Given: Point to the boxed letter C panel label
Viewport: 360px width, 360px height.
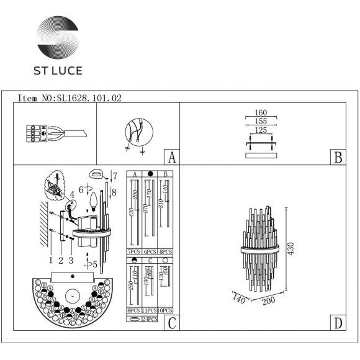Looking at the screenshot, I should [x=171, y=323].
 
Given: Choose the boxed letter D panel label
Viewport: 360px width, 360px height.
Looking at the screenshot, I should [x=337, y=323].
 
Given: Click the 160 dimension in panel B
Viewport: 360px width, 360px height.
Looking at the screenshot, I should [x=261, y=114].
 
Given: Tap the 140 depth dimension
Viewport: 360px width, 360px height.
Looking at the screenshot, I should [x=238, y=299].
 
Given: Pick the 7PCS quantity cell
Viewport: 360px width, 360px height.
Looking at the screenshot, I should [x=133, y=252].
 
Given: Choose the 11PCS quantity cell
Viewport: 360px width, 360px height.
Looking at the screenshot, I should [x=149, y=310].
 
